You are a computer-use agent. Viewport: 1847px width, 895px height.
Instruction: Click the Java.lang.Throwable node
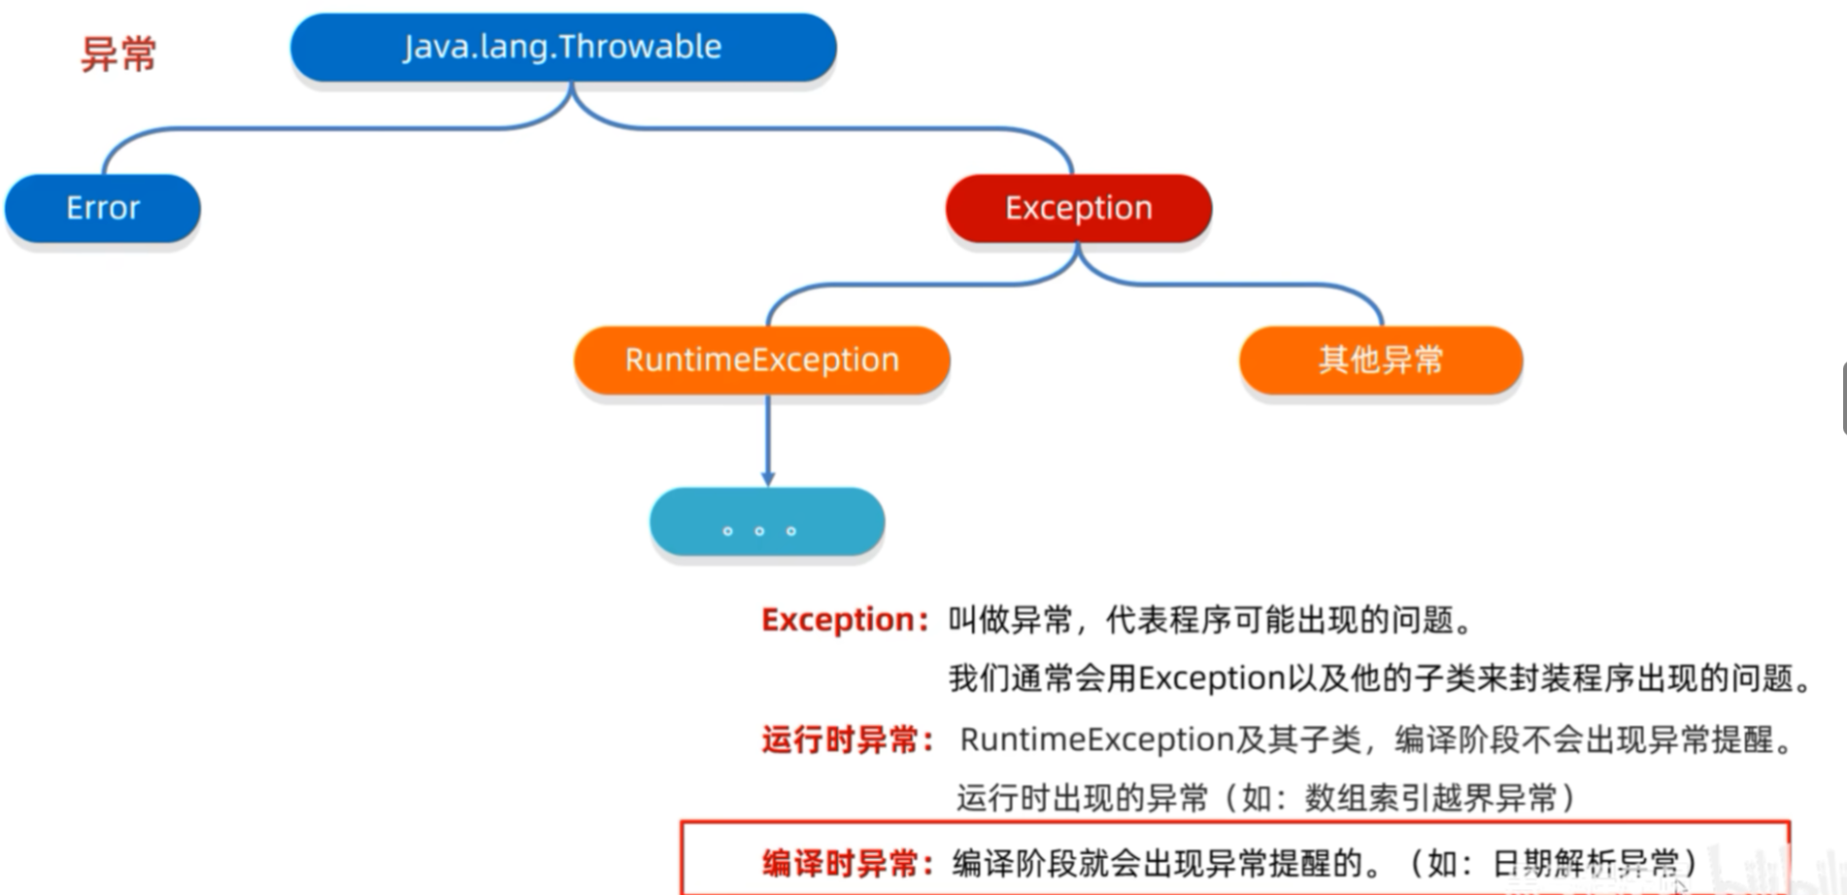pyautogui.click(x=562, y=47)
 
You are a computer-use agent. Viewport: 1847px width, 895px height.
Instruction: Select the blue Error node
pyautogui.click(x=103, y=208)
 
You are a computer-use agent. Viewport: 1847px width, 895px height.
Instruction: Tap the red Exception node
pyautogui.click(x=1078, y=208)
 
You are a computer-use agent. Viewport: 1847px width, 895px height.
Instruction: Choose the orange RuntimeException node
pyautogui.click(x=761, y=360)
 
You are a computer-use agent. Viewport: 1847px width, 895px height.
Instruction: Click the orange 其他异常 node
pyautogui.click(x=1380, y=360)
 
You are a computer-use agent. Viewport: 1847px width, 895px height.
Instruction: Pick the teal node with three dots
pyautogui.click(x=766, y=522)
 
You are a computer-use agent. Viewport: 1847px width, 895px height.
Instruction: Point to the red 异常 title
pyautogui.click(x=118, y=53)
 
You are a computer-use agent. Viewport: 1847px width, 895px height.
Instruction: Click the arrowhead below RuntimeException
pyautogui.click(x=768, y=478)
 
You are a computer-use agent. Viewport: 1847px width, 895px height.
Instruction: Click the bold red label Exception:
pyautogui.click(x=844, y=620)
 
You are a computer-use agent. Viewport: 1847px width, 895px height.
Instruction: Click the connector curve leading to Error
pyautogui.click(x=291, y=128)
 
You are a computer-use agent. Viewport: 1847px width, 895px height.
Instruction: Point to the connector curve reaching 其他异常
pyautogui.click(x=1262, y=285)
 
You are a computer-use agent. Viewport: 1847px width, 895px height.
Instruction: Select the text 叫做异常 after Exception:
pyautogui.click(x=1010, y=620)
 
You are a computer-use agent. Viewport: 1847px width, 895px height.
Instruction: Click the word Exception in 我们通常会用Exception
pyautogui.click(x=1211, y=678)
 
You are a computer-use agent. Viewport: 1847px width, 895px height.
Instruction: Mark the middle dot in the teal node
pyautogui.click(x=759, y=531)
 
